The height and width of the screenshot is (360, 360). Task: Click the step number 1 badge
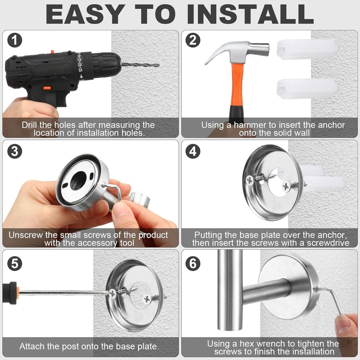point(14,41)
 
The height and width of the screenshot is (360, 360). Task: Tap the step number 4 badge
point(193,152)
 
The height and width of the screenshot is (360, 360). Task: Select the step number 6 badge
point(193,263)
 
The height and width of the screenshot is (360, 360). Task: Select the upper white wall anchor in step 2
point(307,50)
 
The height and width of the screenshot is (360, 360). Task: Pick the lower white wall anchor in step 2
point(307,89)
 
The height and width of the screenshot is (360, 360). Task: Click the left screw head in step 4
point(250,180)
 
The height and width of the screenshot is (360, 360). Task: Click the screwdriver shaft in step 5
point(63,292)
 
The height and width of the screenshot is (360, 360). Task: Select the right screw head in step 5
point(147,299)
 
